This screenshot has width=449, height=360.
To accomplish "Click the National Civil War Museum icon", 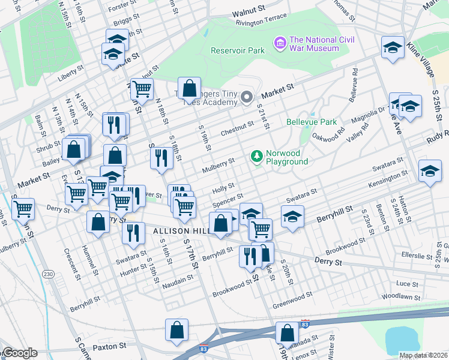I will pos(280,43).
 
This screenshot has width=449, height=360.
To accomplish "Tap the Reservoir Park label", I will pos(238,50).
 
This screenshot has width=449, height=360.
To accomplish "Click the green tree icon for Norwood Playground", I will pos(257,157).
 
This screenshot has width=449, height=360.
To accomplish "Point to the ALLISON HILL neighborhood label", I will pos(179,230).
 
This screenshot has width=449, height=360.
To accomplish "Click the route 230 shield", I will pos(48,274).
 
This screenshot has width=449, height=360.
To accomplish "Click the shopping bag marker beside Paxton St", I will pos(177,329).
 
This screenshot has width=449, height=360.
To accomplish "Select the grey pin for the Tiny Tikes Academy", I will pos(246,97).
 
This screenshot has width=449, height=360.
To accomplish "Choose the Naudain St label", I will pos(178,277).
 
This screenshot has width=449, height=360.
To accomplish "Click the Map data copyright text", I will pos(424,355).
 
